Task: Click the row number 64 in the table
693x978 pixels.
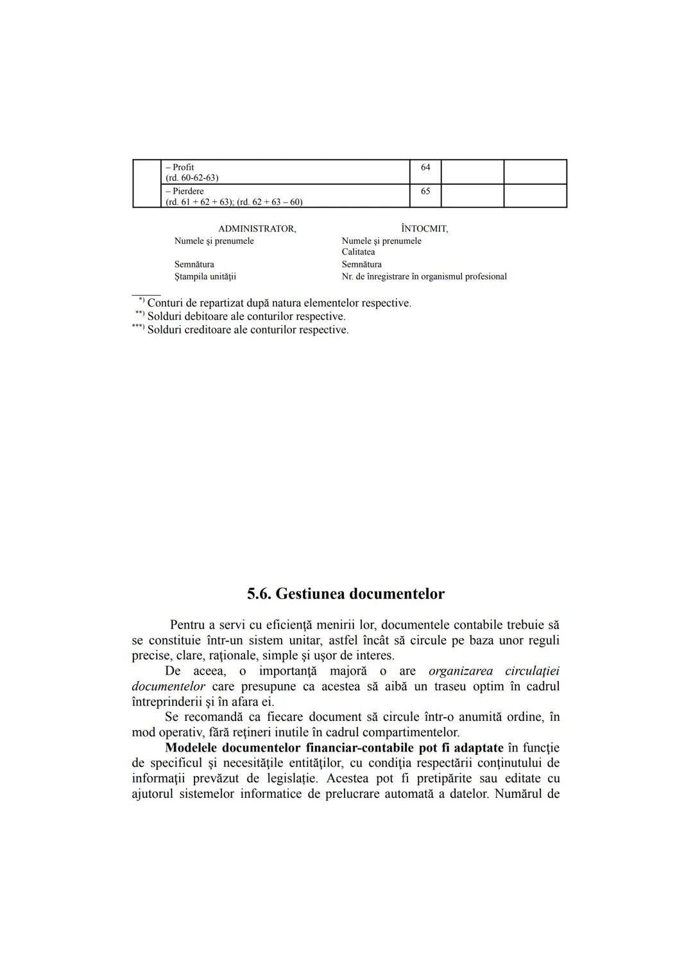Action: [425, 167]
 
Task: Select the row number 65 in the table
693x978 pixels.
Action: [425, 191]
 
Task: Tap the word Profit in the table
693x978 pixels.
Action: [183, 167]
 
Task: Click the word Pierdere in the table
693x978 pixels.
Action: [187, 191]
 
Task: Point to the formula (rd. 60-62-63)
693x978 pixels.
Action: [192, 178]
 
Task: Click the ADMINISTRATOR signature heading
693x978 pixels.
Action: [257, 228]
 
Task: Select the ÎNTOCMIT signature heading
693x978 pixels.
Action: [424, 228]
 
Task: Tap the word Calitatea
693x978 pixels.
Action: [358, 252]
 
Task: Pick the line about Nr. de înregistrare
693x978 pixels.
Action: [424, 276]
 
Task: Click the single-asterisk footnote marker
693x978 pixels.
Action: [141, 300]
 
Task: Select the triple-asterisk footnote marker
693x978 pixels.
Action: [138, 328]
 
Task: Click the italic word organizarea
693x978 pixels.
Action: [461, 671]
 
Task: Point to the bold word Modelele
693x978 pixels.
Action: [191, 748]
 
